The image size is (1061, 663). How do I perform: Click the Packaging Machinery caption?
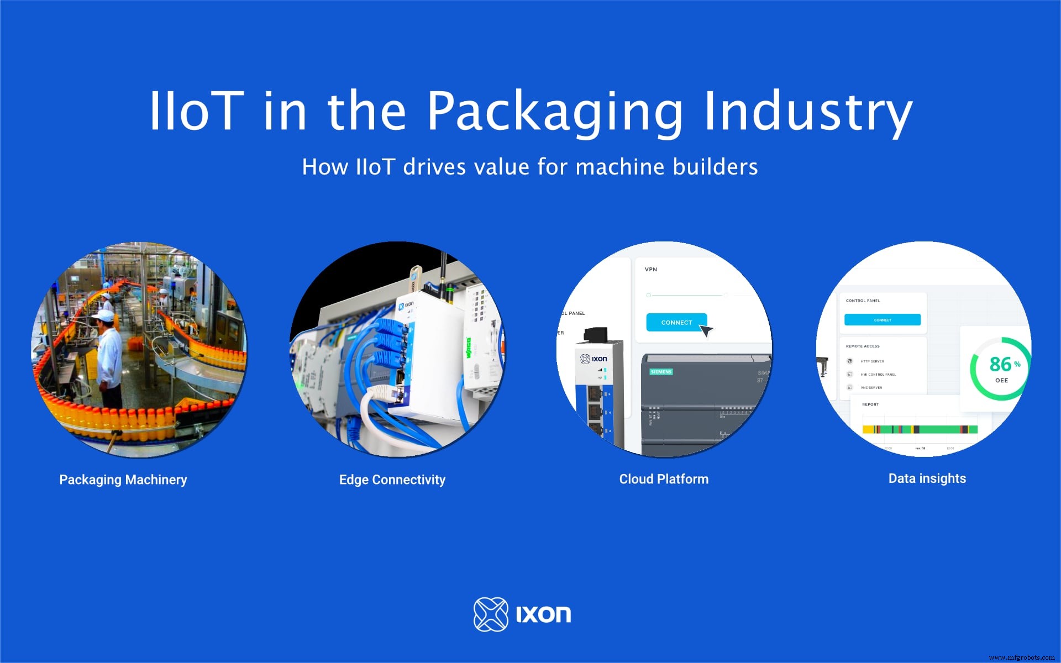[123, 480]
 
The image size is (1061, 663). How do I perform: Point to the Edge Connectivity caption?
[392, 480]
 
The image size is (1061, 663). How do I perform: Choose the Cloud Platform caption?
[664, 479]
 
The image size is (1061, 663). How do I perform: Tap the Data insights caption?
[927, 478]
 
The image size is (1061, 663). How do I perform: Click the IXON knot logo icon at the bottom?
[491, 614]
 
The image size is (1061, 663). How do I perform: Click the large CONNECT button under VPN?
[676, 323]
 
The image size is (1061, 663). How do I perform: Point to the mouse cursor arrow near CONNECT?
[706, 330]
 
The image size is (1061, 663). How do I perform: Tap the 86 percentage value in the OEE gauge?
[1000, 364]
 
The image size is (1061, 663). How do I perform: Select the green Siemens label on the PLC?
[661, 372]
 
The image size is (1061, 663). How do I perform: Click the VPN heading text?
[651, 270]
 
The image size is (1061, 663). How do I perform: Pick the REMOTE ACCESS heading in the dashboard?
[863, 346]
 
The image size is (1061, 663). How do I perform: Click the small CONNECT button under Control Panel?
[883, 320]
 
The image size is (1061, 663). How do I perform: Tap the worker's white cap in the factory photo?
[103, 316]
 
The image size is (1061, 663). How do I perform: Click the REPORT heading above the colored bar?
[870, 404]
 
